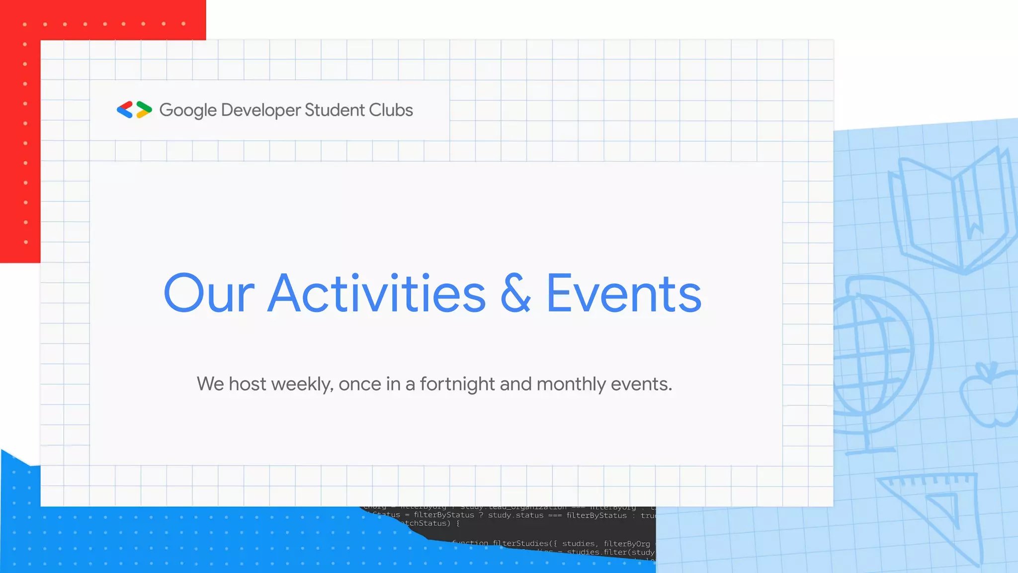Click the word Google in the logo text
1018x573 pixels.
(x=188, y=110)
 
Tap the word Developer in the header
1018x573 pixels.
(x=261, y=110)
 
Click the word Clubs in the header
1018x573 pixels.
(x=391, y=110)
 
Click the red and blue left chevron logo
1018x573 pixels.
(x=125, y=110)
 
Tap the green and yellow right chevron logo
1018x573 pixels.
(x=144, y=110)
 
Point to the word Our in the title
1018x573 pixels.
(x=209, y=294)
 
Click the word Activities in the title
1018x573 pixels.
(x=377, y=294)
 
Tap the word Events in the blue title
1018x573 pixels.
(x=624, y=294)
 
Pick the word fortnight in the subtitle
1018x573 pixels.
(x=457, y=384)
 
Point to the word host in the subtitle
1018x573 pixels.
(x=248, y=384)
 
